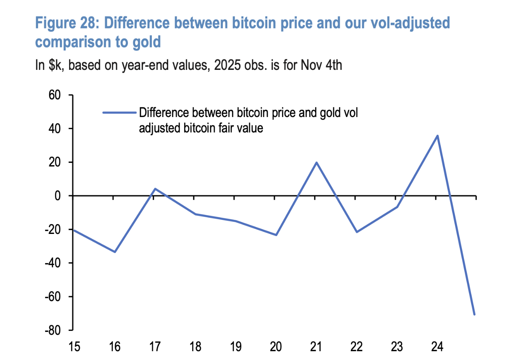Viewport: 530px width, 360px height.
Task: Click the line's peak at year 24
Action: [x=437, y=136]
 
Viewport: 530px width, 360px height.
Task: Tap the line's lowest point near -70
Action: [x=474, y=314]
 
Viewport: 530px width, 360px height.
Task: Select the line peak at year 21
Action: [x=316, y=163]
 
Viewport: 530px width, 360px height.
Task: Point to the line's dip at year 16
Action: [x=115, y=252]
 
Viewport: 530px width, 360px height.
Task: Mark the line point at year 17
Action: [x=155, y=189]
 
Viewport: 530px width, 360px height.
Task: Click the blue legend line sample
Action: [x=119, y=112]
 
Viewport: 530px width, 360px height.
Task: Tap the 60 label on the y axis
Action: [x=54, y=95]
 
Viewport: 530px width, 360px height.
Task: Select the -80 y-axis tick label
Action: [x=52, y=330]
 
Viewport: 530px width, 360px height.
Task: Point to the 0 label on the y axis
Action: [x=57, y=196]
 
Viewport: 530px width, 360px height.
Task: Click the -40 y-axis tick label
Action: [x=52, y=263]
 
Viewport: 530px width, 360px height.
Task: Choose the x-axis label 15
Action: [x=74, y=347]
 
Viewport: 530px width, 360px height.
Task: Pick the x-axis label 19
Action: [x=235, y=347]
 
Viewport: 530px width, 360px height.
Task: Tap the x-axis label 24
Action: [x=437, y=347]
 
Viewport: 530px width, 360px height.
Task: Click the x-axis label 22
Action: [x=356, y=347]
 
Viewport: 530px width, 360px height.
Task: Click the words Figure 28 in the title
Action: [x=67, y=23]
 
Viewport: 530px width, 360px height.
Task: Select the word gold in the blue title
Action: [x=146, y=42]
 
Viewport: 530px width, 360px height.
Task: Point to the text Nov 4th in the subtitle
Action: [x=321, y=65]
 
